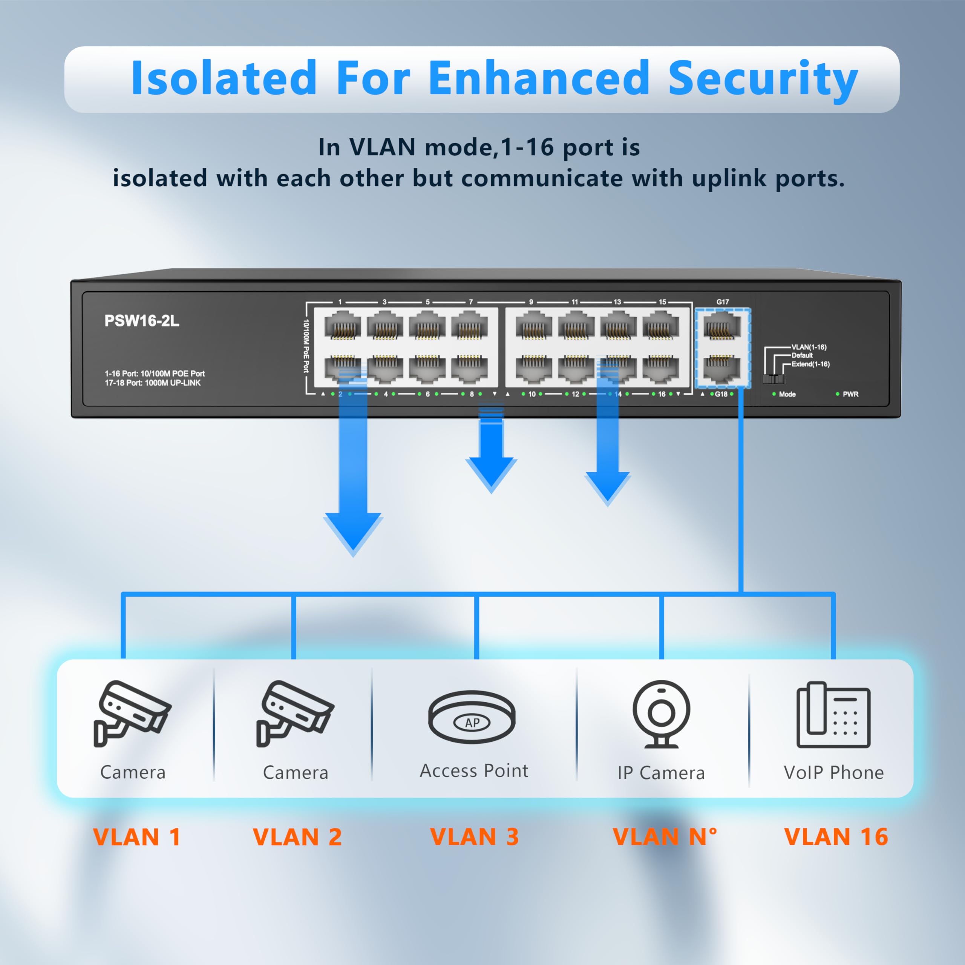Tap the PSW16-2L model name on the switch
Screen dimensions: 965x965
(x=141, y=321)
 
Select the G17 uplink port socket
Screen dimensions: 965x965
(x=722, y=327)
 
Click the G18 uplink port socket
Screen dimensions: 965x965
(x=722, y=369)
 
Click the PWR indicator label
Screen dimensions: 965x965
(x=850, y=394)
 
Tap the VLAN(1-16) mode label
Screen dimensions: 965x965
(x=809, y=347)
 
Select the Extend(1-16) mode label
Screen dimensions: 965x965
(x=810, y=364)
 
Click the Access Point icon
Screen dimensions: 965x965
(x=472, y=717)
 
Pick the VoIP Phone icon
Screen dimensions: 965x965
(x=833, y=715)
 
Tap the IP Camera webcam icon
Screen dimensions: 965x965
(x=661, y=714)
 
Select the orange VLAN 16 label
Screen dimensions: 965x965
(x=836, y=836)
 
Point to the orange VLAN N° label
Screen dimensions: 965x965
(x=664, y=836)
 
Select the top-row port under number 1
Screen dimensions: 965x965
(x=343, y=326)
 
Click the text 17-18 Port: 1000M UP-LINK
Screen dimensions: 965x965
(x=152, y=383)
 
